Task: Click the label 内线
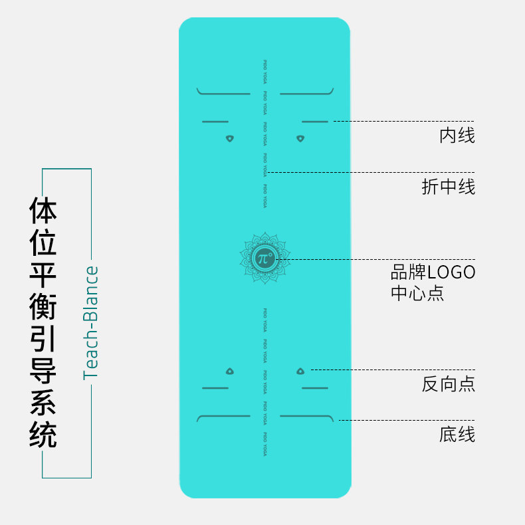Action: (x=457, y=136)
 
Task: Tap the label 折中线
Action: (x=449, y=187)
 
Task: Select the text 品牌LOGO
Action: (x=433, y=272)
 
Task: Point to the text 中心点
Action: (x=417, y=293)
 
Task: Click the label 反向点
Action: (x=449, y=384)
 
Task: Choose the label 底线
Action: (x=457, y=435)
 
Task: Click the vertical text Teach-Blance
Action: (x=90, y=322)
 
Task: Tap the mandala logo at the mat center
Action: (x=264, y=258)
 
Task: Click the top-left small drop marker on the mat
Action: (x=230, y=139)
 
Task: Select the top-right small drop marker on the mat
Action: (x=300, y=139)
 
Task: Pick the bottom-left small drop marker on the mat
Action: (x=230, y=371)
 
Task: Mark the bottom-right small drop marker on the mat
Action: (x=300, y=371)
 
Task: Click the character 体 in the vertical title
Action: (x=43, y=209)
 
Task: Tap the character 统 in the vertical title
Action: (x=43, y=435)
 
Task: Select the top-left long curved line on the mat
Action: (x=223, y=93)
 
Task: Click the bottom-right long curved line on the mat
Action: (x=306, y=417)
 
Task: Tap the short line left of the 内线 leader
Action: (x=314, y=122)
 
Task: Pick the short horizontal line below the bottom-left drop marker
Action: (x=215, y=387)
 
